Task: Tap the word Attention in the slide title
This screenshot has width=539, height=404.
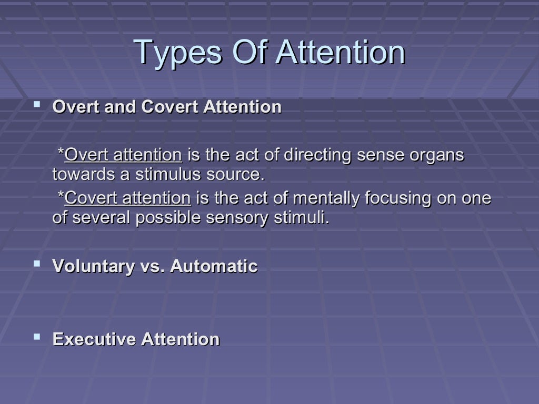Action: (x=341, y=52)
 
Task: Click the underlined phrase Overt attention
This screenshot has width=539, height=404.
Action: (x=123, y=155)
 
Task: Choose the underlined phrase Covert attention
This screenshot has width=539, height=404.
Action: (x=127, y=198)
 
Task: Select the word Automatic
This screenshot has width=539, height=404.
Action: (x=214, y=267)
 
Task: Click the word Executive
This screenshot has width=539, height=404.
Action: (x=94, y=339)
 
